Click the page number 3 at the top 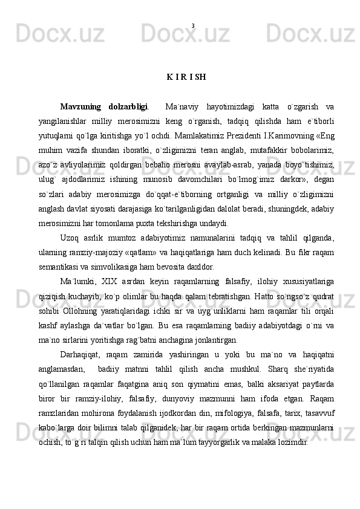point(192,25)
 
